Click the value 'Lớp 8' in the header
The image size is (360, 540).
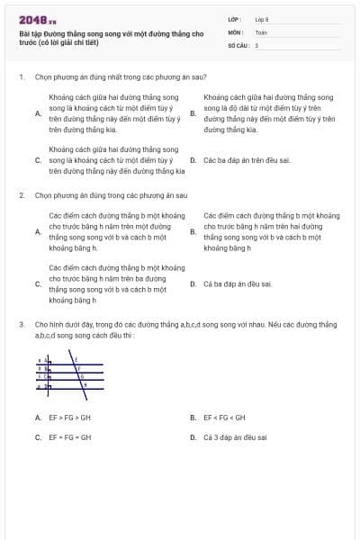pyautogui.click(x=262, y=18)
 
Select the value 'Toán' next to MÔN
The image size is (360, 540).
pyautogui.click(x=261, y=31)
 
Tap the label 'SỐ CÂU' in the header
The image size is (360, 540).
pyautogui.click(x=237, y=45)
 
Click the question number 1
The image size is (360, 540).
pyautogui.click(x=20, y=78)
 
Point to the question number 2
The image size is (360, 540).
pyautogui.click(x=20, y=194)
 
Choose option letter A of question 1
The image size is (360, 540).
pyautogui.click(x=37, y=113)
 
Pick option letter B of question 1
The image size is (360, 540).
pyautogui.click(x=193, y=113)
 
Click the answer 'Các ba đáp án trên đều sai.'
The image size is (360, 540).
pyautogui.click(x=235, y=160)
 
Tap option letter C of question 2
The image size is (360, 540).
pyautogui.click(x=37, y=283)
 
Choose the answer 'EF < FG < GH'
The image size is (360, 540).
pyautogui.click(x=224, y=418)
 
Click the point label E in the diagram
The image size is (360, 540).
pyautogui.click(x=76, y=359)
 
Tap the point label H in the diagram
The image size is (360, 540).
pyautogui.click(x=85, y=384)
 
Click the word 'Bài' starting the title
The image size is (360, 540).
pyautogui.click(x=23, y=32)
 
